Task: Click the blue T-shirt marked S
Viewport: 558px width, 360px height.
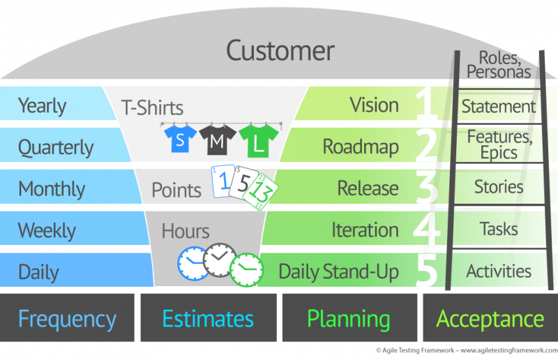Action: [180, 140]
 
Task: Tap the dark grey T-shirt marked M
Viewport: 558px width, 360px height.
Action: [218, 140]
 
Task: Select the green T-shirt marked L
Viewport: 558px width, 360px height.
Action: [259, 142]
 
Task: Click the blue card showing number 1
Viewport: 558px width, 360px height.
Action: [223, 181]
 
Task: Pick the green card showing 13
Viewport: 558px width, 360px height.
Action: [260, 193]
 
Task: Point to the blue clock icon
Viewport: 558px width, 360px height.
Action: [193, 264]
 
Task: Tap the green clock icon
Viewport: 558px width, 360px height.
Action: [246, 270]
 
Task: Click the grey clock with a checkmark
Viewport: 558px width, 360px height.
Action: [220, 260]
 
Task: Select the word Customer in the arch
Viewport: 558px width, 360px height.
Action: [280, 50]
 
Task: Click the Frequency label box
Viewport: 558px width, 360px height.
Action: [67, 317]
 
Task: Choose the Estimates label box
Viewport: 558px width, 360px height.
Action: [209, 317]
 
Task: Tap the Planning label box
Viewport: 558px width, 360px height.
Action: [349, 317]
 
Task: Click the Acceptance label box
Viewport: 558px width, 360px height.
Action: [490, 317]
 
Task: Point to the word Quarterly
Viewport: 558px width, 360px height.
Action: [56, 147]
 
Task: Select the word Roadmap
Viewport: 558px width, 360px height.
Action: [361, 147]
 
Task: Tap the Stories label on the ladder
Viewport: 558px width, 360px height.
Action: [499, 187]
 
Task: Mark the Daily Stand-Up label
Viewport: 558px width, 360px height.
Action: [338, 271]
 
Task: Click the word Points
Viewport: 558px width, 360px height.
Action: [176, 190]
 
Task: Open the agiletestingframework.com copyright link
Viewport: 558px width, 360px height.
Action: [509, 350]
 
